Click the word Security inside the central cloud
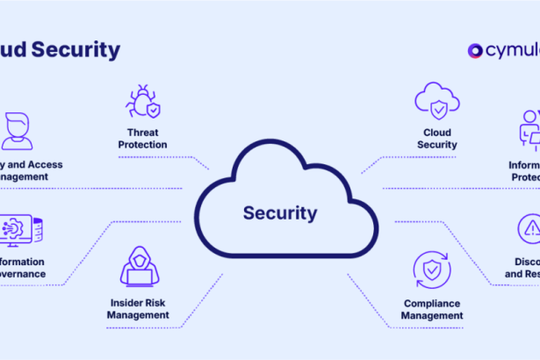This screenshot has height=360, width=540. pos(280,212)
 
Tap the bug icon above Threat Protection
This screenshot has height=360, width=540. pos(142,102)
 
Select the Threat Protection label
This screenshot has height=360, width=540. pos(141,139)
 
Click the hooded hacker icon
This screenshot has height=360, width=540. pos(139,266)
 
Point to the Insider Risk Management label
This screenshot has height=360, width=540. pos(138,307)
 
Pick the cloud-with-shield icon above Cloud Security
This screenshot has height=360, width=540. pos(436,102)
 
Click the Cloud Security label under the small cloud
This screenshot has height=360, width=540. pos(436,139)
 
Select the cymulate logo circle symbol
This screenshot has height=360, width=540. pos(476,51)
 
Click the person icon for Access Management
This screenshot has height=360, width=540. pos(16,130)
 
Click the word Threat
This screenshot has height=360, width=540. pos(141,133)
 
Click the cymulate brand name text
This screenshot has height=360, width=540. pos(513,51)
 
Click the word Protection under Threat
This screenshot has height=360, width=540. pos(141,145)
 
